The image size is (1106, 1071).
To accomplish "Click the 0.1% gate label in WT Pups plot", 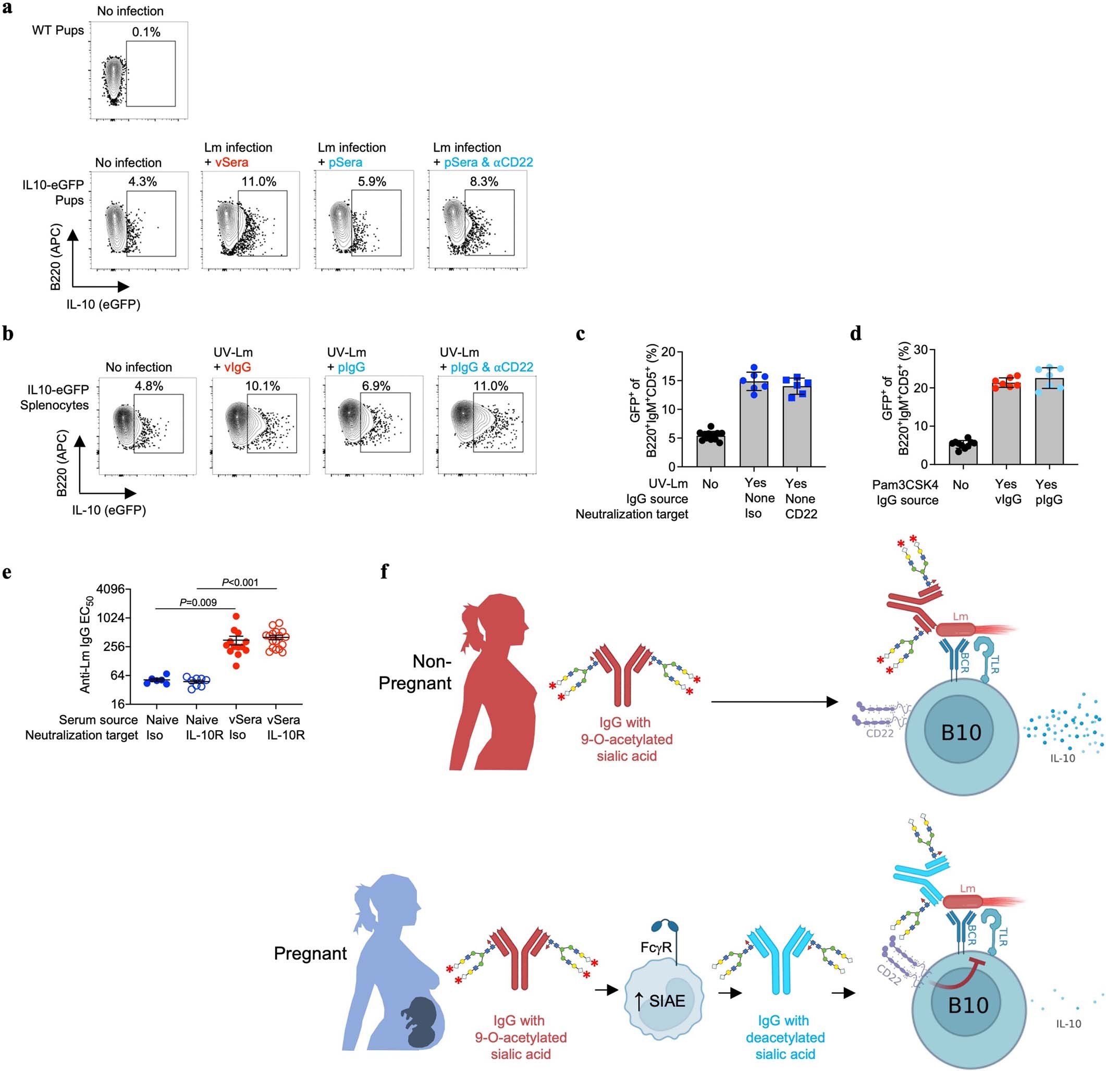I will [x=146, y=32].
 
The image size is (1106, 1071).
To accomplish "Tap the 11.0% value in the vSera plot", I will [x=259, y=182].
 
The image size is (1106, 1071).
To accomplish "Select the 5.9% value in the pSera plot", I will [x=372, y=182].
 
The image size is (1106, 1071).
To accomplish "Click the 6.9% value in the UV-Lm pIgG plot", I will [x=376, y=386].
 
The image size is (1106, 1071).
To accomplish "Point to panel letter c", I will [x=580, y=334].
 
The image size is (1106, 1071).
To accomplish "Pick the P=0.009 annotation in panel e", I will [x=198, y=602].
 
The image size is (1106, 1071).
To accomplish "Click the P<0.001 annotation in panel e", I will [x=240, y=582].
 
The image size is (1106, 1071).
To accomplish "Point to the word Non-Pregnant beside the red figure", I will [x=415, y=672].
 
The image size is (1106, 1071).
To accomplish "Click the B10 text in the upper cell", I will [x=961, y=732].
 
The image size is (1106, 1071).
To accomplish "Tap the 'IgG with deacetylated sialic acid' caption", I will [x=785, y=1037].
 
